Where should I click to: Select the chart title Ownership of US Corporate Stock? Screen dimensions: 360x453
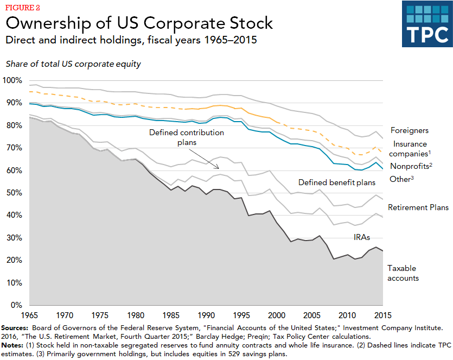139,23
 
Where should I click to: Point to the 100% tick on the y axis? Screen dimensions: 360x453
12,80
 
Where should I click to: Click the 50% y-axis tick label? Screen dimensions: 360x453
14,193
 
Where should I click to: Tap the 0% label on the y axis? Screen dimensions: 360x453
16,306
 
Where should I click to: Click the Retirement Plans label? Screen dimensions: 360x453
418,207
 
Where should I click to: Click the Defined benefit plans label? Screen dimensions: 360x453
336,182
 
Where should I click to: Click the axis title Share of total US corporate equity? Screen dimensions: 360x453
73,64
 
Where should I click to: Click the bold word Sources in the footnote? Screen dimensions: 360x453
15,328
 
